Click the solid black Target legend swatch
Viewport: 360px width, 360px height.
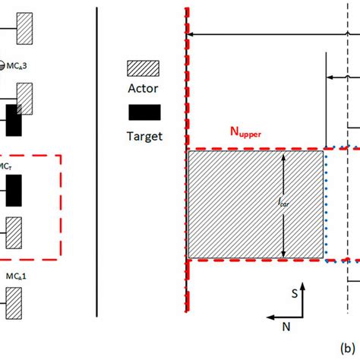[143, 112]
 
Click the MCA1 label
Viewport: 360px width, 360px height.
[19, 276]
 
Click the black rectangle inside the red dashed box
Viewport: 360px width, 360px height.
[14, 190]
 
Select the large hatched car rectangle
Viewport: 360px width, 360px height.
[256, 205]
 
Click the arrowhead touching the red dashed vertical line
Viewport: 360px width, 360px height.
[191, 34]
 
